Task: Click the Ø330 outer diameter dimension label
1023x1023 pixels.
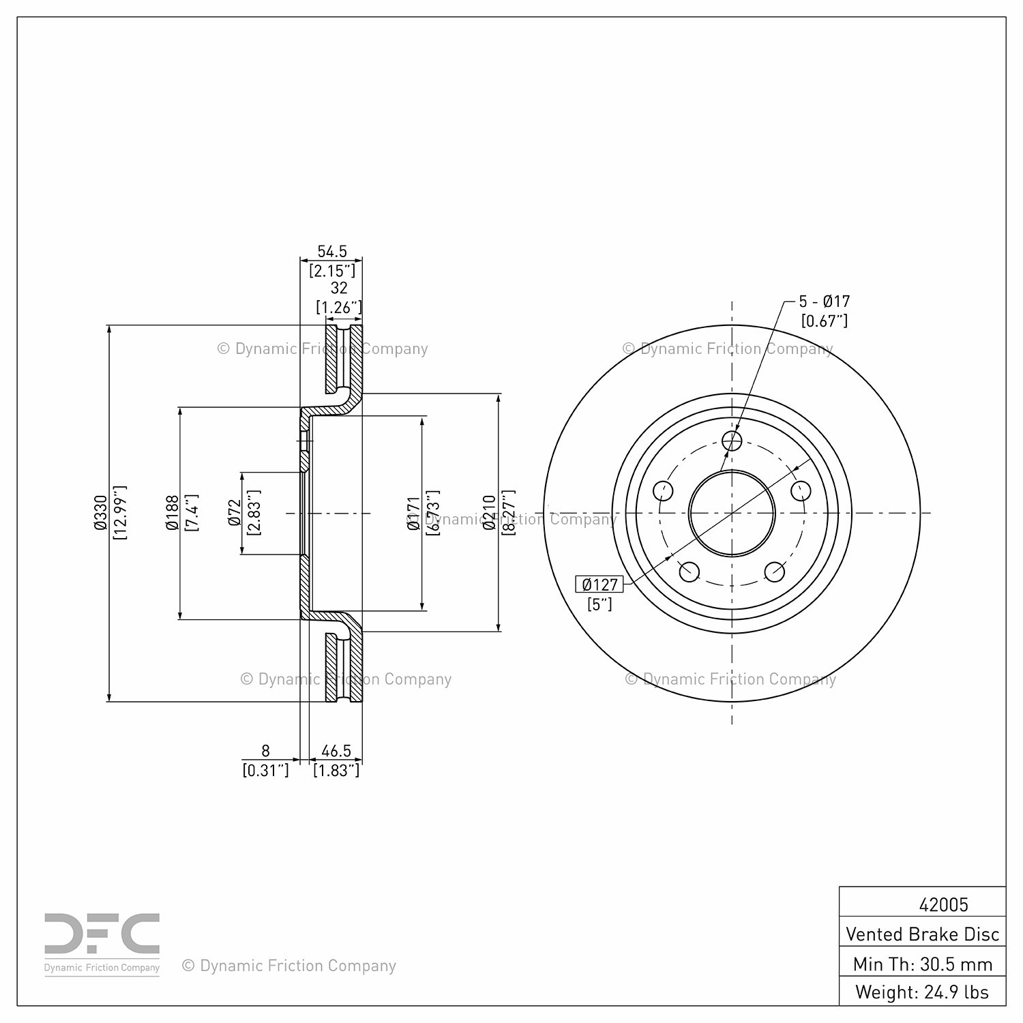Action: (x=100, y=513)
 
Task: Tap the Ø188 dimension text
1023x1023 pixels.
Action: (x=171, y=513)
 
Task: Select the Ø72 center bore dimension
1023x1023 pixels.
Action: (x=234, y=513)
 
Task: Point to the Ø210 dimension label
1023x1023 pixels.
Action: (x=489, y=513)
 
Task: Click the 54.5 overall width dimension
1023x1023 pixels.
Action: (x=332, y=252)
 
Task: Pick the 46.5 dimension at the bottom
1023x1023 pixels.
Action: (x=336, y=751)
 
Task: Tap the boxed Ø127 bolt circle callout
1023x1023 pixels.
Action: (x=599, y=584)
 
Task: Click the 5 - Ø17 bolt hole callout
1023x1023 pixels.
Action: (x=825, y=301)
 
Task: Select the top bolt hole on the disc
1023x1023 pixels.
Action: (x=732, y=441)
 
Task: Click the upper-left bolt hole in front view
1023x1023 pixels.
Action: (x=663, y=490)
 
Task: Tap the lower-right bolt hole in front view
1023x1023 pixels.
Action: (x=775, y=572)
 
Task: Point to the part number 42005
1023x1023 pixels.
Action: (x=944, y=904)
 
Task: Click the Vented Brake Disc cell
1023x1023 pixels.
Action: (x=923, y=934)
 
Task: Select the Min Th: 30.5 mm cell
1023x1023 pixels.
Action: (x=923, y=964)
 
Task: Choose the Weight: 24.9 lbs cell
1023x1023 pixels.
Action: (x=923, y=992)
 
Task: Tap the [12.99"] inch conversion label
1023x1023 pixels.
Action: (x=120, y=513)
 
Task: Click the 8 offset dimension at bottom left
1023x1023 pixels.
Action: (x=265, y=751)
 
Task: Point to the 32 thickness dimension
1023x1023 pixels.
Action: (x=339, y=288)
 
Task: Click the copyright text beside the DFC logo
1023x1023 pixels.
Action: (x=289, y=966)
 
